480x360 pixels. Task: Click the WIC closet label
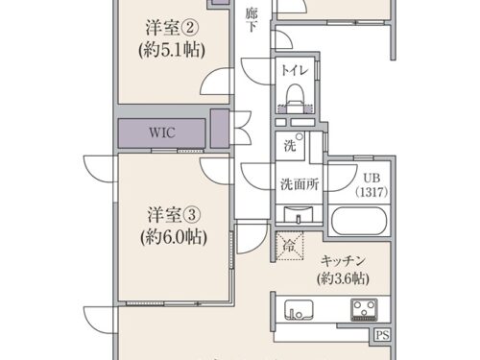point(162,132)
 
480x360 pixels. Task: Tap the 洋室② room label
point(172,28)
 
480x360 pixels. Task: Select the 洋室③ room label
point(174,215)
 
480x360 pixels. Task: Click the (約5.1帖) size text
point(172,50)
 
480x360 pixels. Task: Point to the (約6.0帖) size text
point(174,237)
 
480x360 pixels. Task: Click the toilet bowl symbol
point(295,98)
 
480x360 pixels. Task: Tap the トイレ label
point(295,70)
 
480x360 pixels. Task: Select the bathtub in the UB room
point(359,221)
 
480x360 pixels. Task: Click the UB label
point(372,178)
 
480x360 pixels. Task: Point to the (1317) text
point(372,192)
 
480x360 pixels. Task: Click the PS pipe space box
point(383,335)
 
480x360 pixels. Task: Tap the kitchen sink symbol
point(299,309)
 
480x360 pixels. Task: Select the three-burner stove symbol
point(364,310)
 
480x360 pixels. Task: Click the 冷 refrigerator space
point(289,246)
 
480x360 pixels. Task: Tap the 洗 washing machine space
point(290,146)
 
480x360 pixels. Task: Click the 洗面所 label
point(300,184)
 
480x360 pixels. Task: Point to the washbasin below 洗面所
point(299,214)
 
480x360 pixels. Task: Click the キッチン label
point(343,261)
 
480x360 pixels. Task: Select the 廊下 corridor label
point(252,20)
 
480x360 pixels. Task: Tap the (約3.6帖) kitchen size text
point(343,278)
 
